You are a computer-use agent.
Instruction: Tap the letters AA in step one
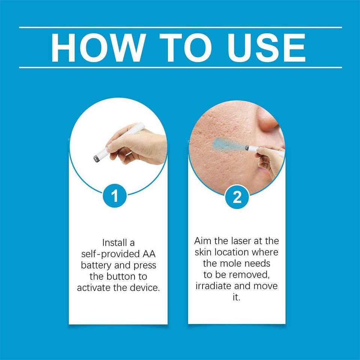pos(149,254)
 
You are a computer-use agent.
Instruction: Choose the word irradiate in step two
pos(213,286)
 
